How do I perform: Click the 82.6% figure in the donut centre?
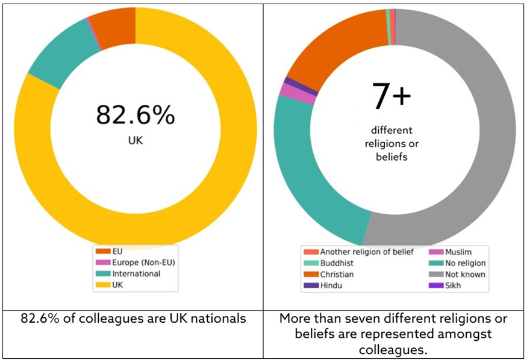pos(135,114)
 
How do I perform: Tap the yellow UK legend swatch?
pos(101,285)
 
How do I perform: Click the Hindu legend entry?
pos(331,285)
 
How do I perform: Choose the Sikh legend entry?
pos(452,285)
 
